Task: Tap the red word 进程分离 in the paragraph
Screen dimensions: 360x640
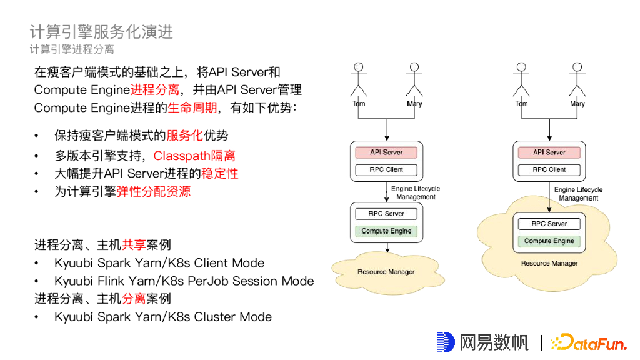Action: (155, 90)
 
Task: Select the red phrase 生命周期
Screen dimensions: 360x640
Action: (192, 108)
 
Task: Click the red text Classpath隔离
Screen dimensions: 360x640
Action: (194, 156)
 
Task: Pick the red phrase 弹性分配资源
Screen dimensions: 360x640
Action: (154, 191)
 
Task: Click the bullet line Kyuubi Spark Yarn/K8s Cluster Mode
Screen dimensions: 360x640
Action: (163, 317)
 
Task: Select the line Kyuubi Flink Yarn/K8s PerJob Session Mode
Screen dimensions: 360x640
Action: (184, 281)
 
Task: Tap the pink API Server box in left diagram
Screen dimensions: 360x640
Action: (386, 152)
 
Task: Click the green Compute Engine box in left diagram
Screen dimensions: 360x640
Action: (386, 231)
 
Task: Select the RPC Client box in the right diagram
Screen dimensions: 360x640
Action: (549, 169)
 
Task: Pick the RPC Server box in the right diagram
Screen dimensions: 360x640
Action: (549, 224)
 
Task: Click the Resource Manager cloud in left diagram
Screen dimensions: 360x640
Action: (386, 272)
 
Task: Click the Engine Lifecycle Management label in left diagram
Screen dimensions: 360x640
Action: (416, 192)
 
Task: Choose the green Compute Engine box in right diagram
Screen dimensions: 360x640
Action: (549, 241)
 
